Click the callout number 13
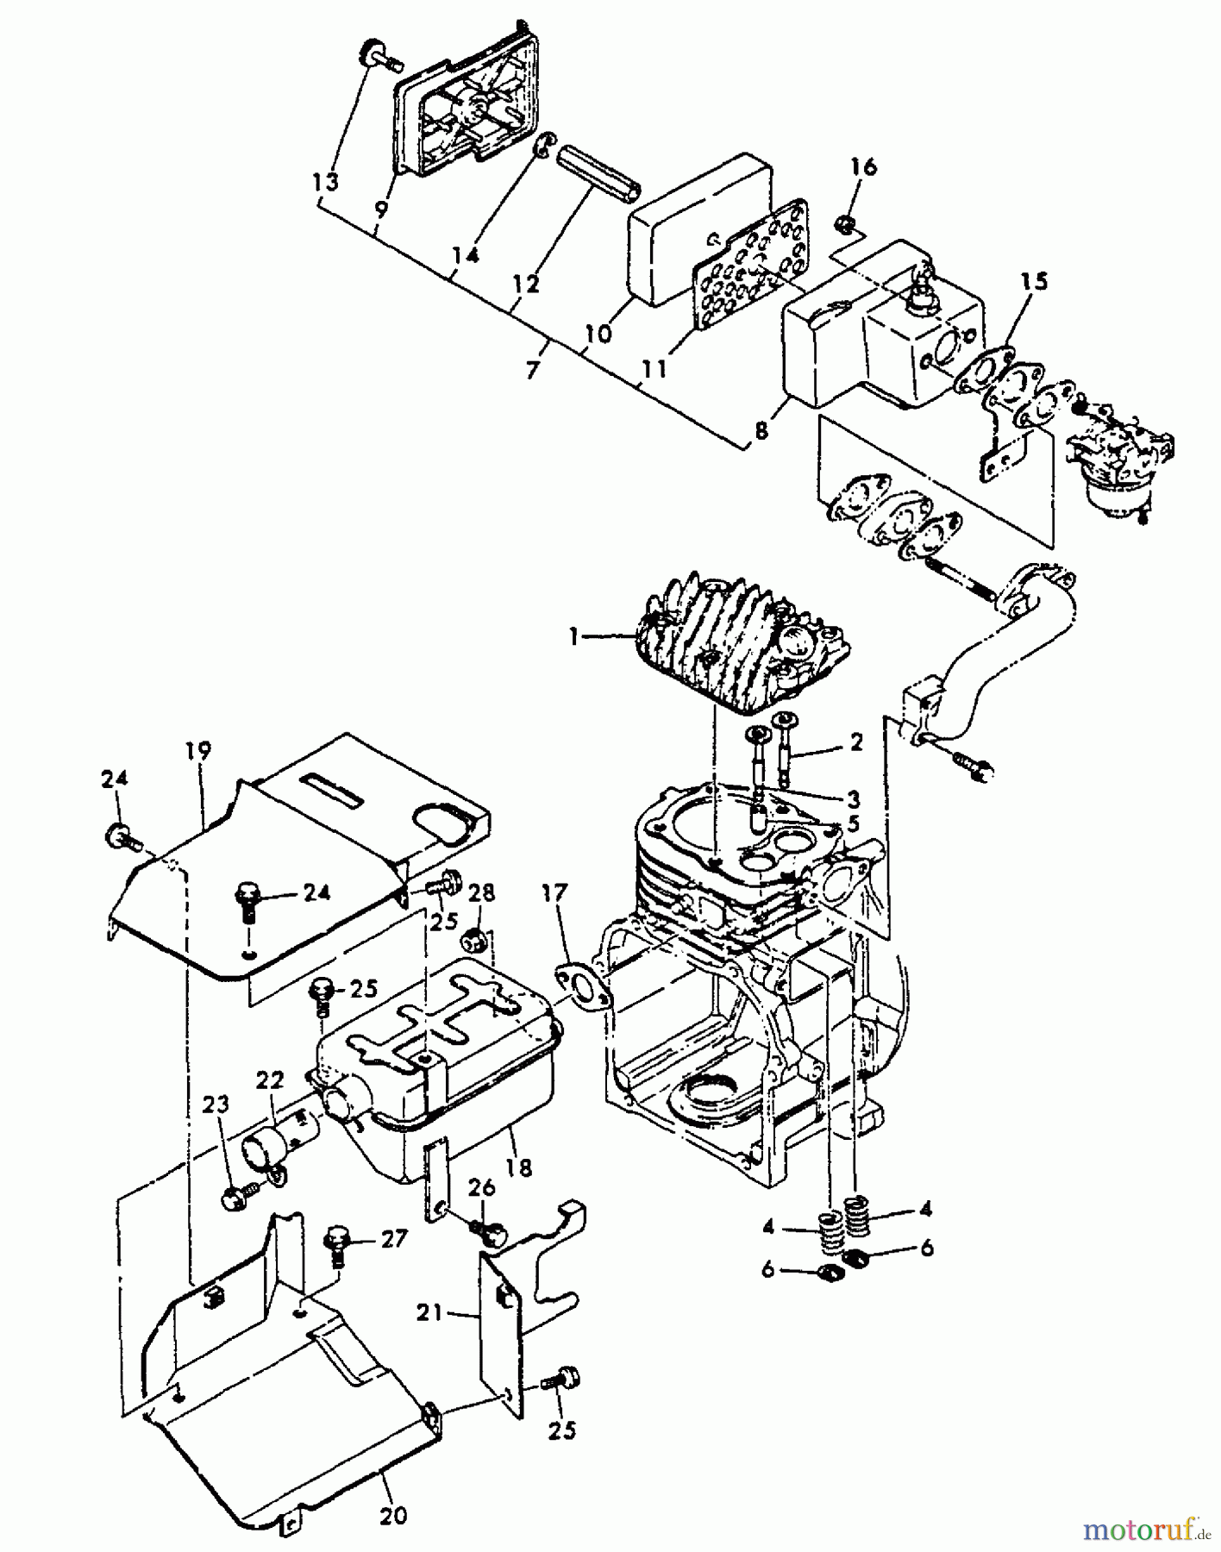point(325,182)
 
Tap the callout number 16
point(863,166)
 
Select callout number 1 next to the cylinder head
point(573,636)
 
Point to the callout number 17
point(554,892)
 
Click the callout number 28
point(482,892)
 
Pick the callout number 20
point(393,1515)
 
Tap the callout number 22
point(269,1080)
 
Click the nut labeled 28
point(471,939)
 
